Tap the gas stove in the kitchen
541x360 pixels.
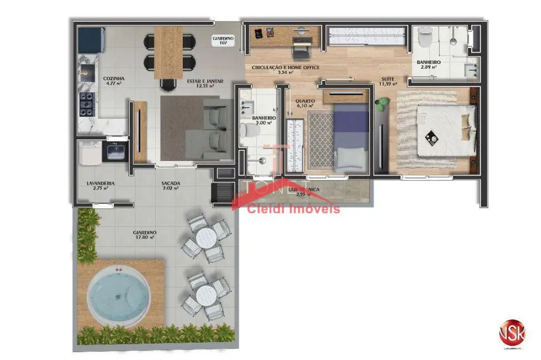tap(88, 103)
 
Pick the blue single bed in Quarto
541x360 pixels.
tap(351, 138)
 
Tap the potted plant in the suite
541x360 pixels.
tap(382, 104)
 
